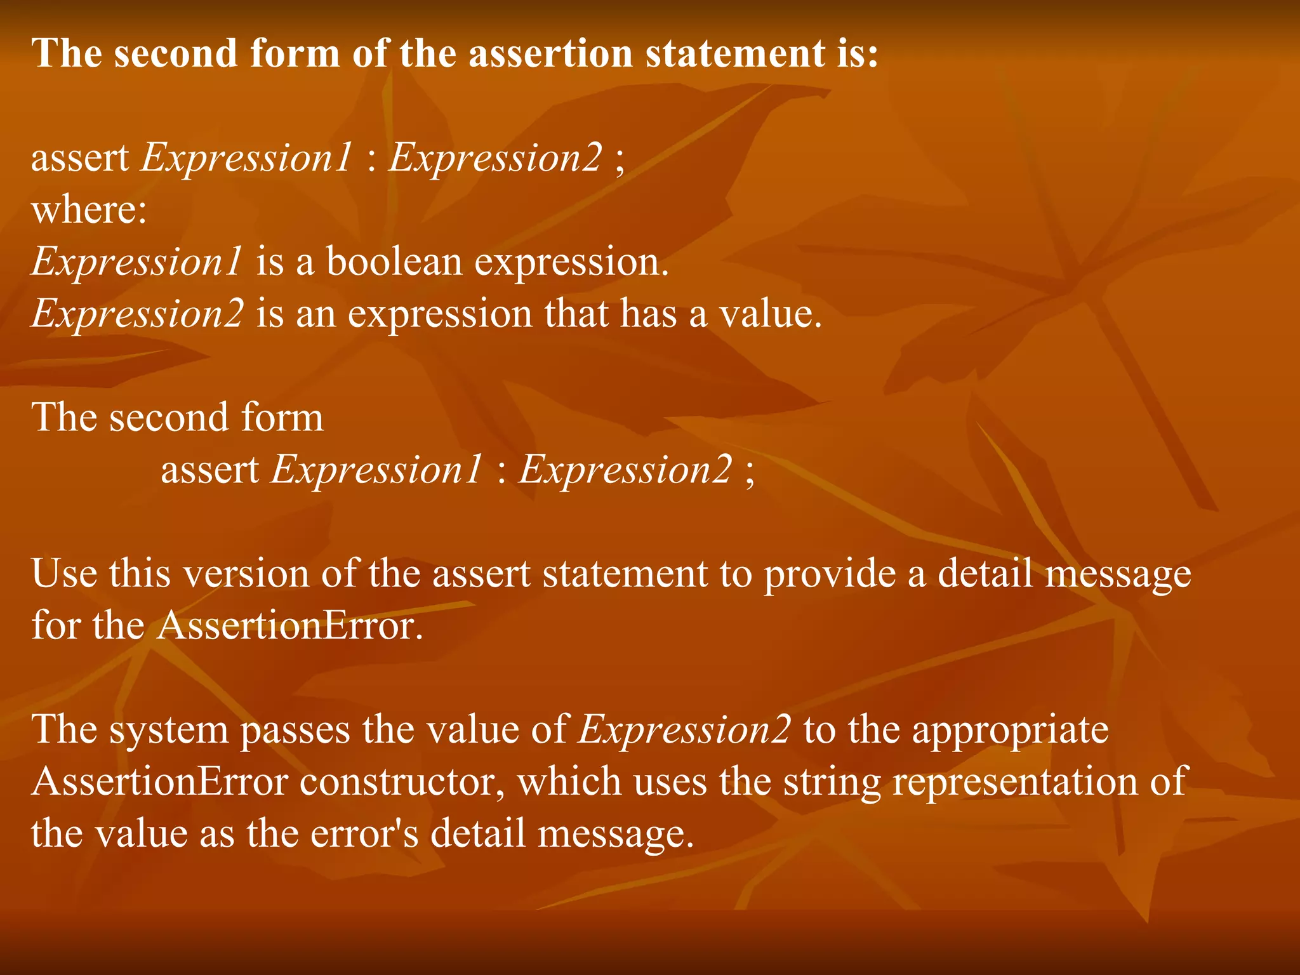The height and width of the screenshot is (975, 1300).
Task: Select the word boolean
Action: pyautogui.click(x=394, y=262)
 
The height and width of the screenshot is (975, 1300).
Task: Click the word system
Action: pyautogui.click(x=168, y=730)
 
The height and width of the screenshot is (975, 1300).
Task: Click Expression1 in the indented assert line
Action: pyautogui.click(x=376, y=470)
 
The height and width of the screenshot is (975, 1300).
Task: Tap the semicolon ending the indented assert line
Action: pyautogui.click(x=750, y=473)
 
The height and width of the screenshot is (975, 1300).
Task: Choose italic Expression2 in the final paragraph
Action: pyautogui.click(x=684, y=730)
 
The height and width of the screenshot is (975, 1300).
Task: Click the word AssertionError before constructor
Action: pyautogui.click(x=160, y=781)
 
